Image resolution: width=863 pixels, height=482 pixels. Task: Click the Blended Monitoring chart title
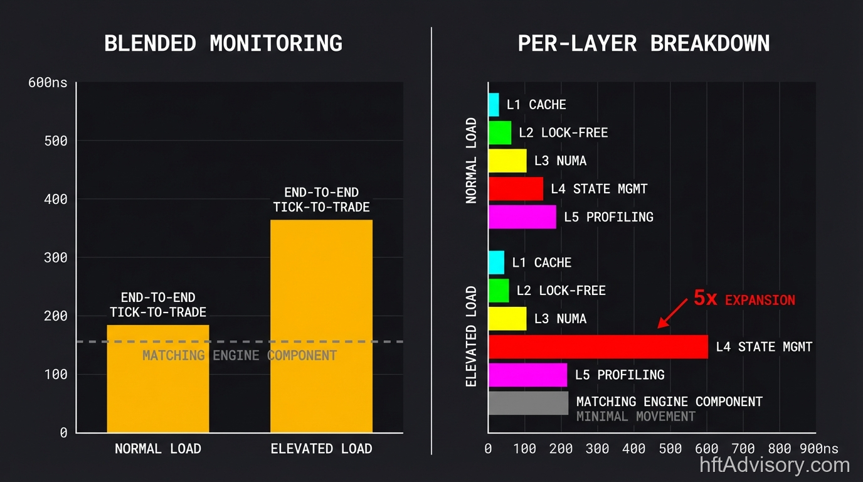223,44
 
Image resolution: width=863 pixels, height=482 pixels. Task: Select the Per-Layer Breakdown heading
643,44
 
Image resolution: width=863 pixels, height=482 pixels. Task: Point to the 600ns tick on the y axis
48,83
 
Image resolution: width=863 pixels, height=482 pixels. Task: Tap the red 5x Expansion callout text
744,299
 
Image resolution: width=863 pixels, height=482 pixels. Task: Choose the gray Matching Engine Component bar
528,403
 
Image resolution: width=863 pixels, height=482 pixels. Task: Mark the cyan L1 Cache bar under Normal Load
494,104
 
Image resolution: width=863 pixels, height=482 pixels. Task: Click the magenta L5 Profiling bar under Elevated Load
527,375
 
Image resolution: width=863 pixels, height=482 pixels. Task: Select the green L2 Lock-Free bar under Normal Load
500,132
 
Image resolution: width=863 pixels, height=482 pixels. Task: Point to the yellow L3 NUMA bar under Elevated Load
507,318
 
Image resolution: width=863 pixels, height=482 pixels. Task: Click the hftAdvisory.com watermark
775,465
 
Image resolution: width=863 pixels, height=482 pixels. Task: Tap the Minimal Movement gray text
636,417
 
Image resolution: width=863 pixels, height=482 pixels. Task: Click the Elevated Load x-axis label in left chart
321,449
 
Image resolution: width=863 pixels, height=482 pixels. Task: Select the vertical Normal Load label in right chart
472,161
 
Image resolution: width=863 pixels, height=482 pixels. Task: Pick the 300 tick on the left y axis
55,257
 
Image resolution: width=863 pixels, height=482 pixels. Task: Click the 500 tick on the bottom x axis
670,449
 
